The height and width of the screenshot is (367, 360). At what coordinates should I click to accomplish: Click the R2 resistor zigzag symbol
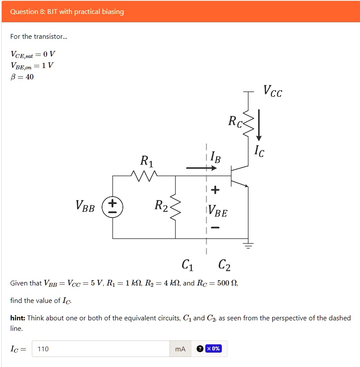[175, 207]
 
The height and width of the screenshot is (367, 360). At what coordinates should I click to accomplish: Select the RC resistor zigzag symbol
[248, 122]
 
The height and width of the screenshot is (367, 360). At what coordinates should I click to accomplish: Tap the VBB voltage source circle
[112, 207]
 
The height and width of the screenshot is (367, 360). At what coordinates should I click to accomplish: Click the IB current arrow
[198, 167]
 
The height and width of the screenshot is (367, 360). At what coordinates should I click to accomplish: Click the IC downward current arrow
[259, 125]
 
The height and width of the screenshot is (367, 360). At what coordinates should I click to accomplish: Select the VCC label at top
[272, 92]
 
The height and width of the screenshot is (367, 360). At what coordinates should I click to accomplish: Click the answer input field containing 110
[101, 349]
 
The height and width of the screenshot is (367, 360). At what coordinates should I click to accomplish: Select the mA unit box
[180, 349]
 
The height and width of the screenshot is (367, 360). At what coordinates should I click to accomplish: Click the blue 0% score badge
[214, 349]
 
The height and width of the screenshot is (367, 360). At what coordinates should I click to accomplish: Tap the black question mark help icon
[200, 349]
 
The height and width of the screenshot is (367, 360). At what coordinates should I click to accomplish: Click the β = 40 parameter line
[22, 77]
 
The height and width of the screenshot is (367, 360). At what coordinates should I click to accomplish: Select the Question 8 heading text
[67, 12]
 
